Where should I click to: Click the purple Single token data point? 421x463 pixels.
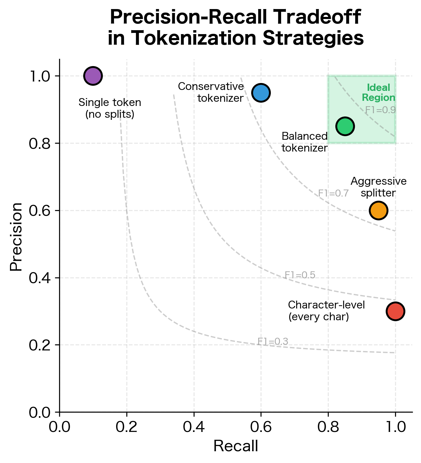[93, 76]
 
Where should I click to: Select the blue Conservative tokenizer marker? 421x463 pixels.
[261, 93]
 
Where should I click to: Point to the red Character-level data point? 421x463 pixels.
[395, 311]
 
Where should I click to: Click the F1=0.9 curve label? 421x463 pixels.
[380, 110]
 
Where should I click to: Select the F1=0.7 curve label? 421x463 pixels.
[333, 193]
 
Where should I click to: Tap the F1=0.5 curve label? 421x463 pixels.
[300, 275]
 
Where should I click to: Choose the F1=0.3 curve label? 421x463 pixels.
[273, 342]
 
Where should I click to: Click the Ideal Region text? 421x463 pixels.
[378, 93]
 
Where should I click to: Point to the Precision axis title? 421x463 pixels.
[16, 237]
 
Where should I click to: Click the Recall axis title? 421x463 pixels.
[236, 446]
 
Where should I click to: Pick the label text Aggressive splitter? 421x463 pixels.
[378, 187]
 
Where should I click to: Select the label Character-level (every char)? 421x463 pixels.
[326, 311]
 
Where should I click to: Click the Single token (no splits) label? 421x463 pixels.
[110, 108]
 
